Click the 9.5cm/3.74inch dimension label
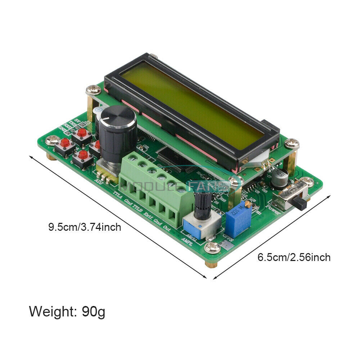point(85,227)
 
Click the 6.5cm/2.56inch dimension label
point(293,257)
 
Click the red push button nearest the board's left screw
point(65,143)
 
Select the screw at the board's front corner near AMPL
point(212,247)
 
